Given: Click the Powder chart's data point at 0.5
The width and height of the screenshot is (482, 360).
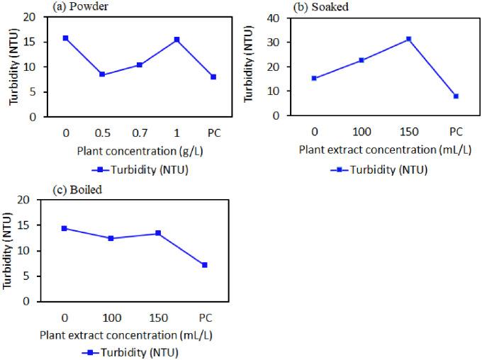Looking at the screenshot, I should click(x=103, y=74).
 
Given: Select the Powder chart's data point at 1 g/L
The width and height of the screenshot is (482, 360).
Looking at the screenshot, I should click(x=176, y=40).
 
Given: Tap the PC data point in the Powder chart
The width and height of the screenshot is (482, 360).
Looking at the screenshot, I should click(x=213, y=77).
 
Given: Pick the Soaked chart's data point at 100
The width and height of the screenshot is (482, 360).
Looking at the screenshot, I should click(x=361, y=60).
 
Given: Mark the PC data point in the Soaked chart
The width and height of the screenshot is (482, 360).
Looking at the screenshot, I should click(x=456, y=96).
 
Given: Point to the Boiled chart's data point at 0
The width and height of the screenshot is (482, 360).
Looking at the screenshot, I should click(x=65, y=228).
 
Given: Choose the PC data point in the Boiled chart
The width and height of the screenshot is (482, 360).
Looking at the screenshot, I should click(x=205, y=265).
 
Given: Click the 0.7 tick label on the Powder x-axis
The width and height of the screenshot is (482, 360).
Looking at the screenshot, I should click(x=140, y=132).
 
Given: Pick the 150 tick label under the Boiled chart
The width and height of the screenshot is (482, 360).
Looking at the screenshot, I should click(x=158, y=317).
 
